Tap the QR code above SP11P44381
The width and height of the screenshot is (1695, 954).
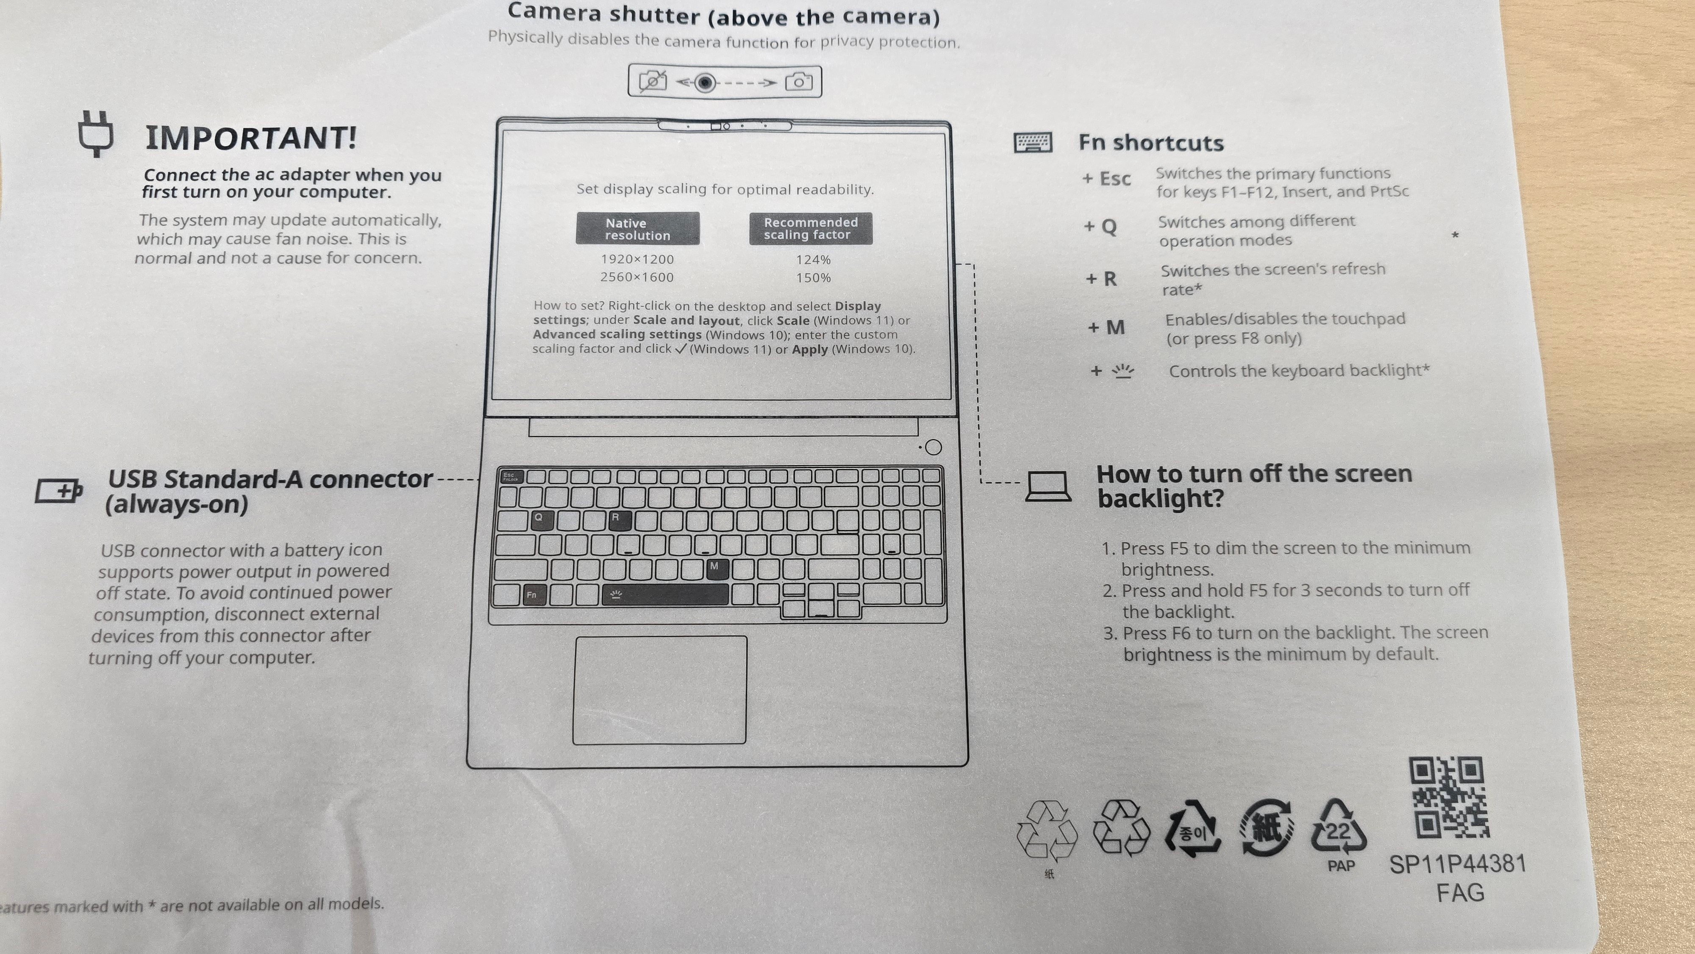(x=1448, y=797)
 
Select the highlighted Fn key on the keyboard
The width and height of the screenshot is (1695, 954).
(x=532, y=595)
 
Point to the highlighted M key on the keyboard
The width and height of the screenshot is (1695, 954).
(x=716, y=569)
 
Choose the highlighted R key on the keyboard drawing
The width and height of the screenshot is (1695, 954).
(x=619, y=520)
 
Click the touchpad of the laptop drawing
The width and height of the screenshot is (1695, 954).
(x=660, y=690)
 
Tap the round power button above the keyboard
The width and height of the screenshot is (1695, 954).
(x=933, y=447)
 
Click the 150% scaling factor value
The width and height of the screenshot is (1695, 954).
(x=813, y=277)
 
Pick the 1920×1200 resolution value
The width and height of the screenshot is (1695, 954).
(x=637, y=259)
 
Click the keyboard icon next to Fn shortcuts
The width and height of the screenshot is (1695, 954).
(x=1033, y=142)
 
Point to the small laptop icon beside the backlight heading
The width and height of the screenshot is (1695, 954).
(x=1048, y=487)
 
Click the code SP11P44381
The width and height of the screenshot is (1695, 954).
(x=1457, y=864)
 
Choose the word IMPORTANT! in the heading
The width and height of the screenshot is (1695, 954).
(x=251, y=138)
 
